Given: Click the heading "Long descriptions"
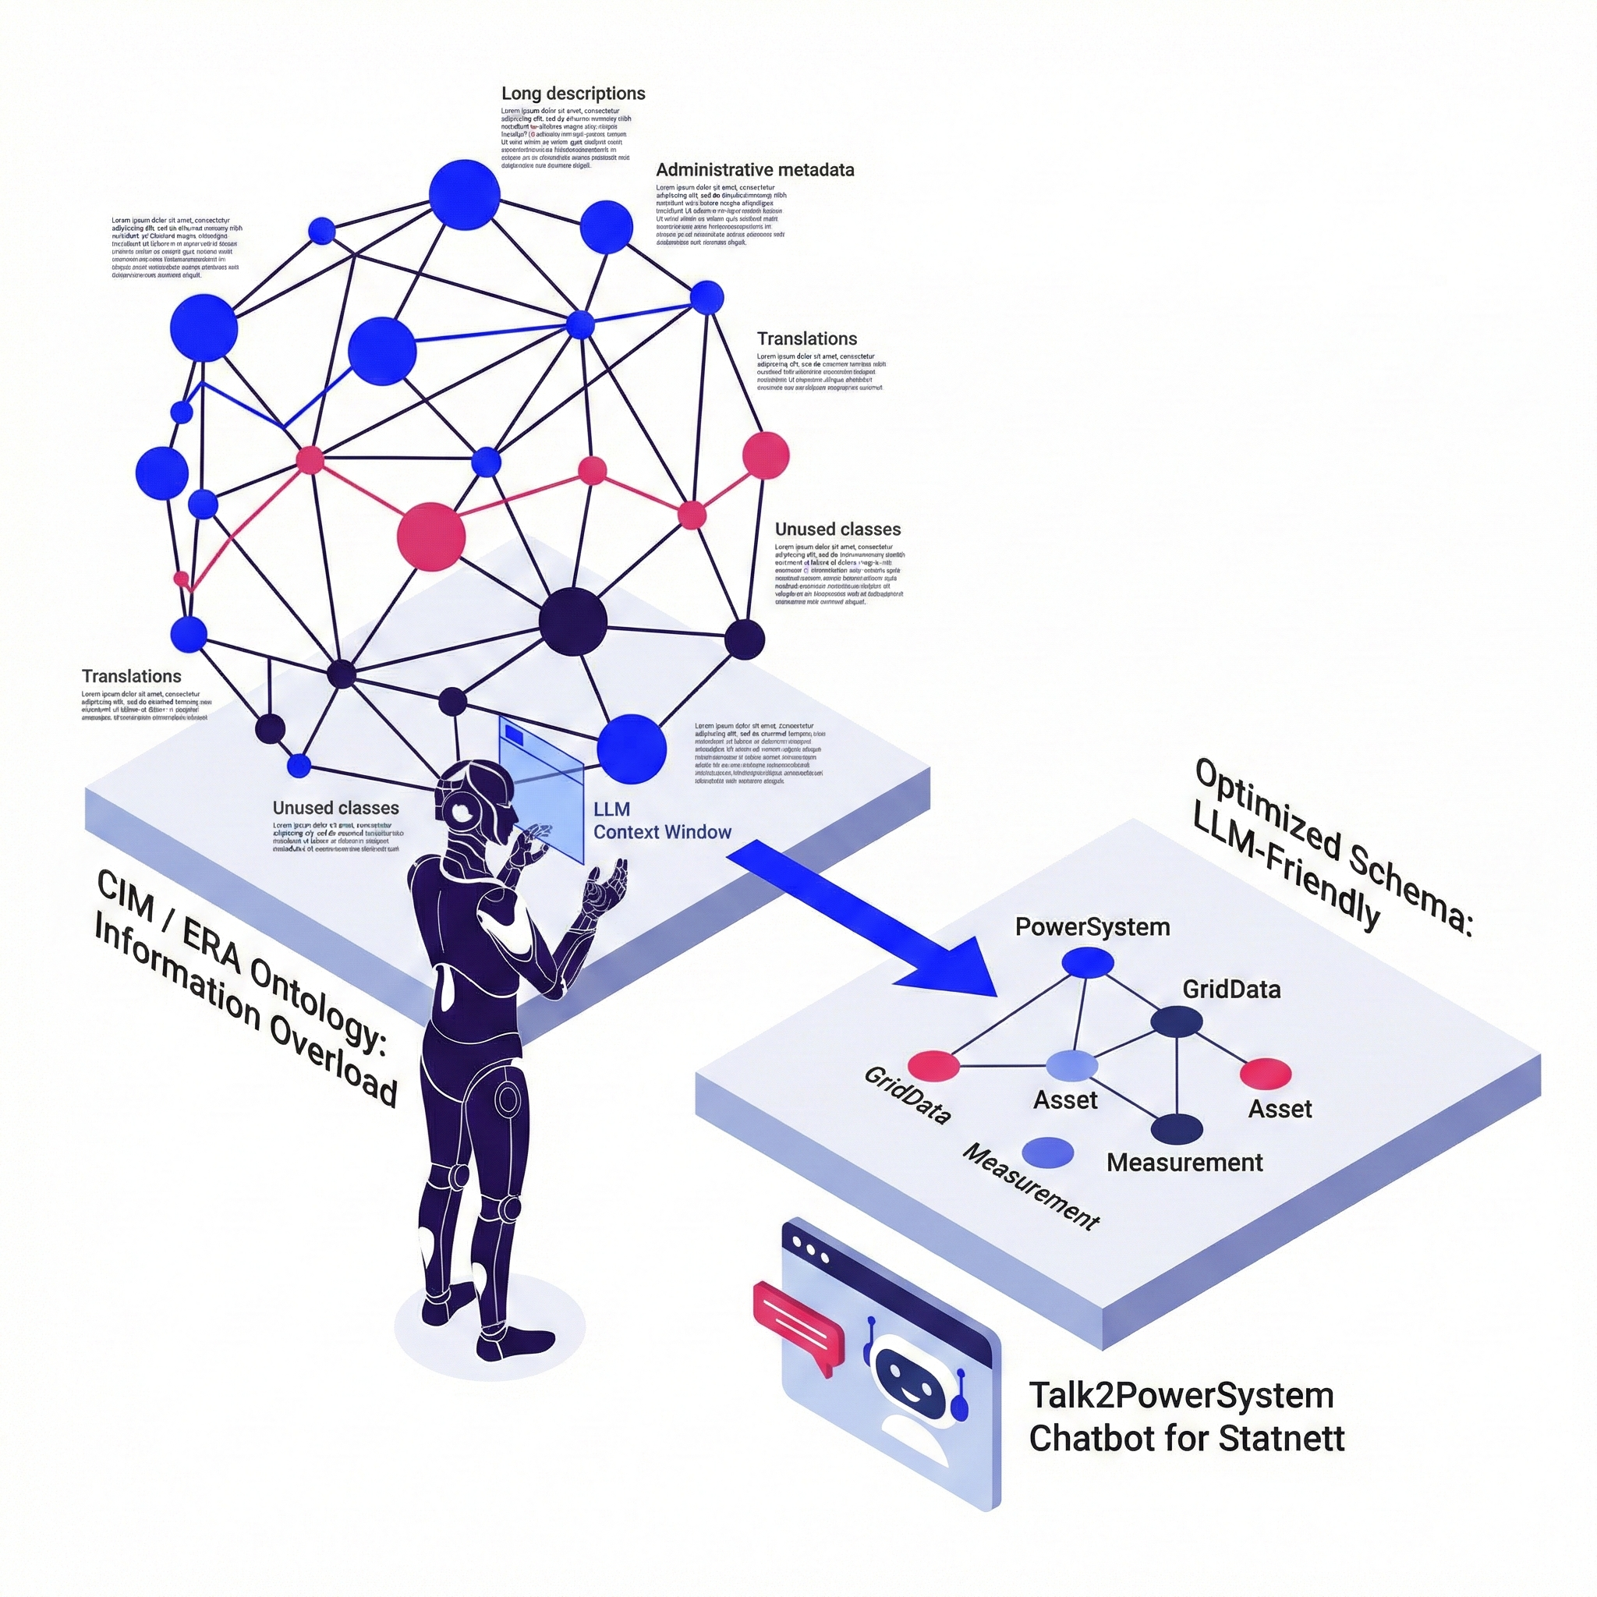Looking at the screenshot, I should pos(573,94).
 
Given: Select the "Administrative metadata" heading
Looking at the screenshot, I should pos(755,170).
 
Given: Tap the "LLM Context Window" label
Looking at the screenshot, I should pos(661,821).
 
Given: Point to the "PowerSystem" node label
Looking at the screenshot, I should pos(1092,926).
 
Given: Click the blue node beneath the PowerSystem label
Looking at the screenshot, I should pos(1087,962).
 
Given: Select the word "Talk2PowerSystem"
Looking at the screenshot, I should pos(1181,1396).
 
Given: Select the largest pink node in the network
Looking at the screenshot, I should pos(430,536).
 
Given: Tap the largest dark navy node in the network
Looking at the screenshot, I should pos(573,621).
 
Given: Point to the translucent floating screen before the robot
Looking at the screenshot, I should pos(540,785).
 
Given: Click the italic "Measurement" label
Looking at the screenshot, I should pos(1031,1186).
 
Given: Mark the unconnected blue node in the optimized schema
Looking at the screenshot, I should pos(1047,1152).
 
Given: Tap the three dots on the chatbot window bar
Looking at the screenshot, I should pos(809,1249).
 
